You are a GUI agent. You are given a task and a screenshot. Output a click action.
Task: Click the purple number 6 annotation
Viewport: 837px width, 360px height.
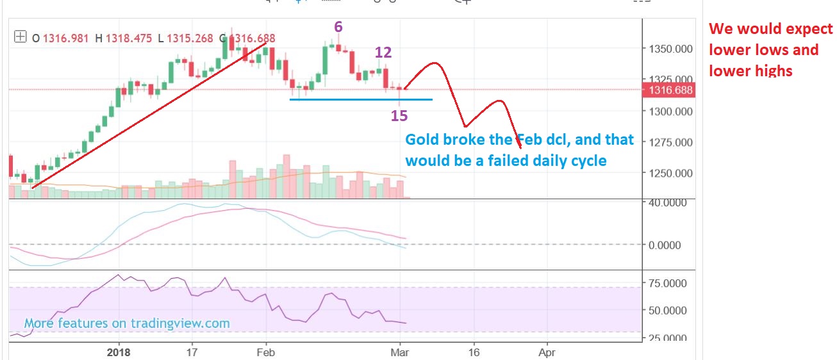point(338,27)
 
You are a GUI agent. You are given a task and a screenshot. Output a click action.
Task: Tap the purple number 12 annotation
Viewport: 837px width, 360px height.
point(383,53)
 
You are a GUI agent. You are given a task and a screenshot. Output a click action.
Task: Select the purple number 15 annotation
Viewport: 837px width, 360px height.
point(399,115)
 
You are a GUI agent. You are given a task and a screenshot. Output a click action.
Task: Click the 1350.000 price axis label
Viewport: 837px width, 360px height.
point(671,49)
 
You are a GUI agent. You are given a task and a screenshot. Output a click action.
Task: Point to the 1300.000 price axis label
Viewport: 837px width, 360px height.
point(671,111)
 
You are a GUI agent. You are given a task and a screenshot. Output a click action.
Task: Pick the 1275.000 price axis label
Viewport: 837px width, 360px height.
point(671,142)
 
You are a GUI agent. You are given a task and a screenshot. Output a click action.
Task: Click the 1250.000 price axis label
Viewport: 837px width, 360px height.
point(671,173)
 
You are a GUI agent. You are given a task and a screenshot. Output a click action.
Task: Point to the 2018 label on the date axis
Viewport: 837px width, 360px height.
point(119,352)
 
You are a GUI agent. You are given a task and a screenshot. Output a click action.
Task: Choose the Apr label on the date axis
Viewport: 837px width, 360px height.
point(547,352)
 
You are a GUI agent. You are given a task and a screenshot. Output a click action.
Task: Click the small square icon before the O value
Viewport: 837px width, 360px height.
point(21,38)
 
